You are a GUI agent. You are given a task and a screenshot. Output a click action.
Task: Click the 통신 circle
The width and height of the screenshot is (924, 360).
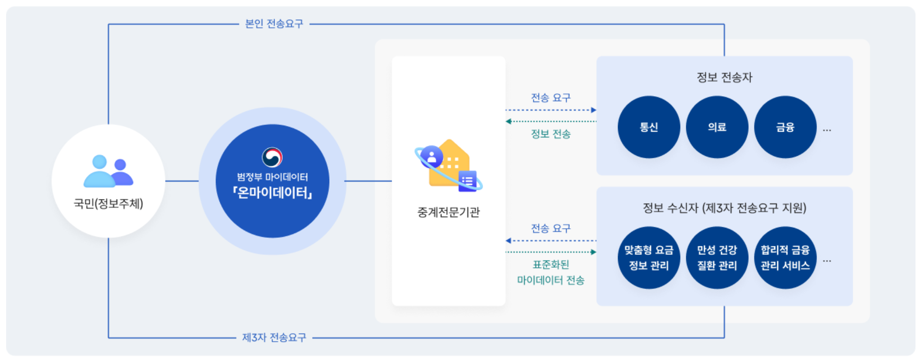click(x=648, y=127)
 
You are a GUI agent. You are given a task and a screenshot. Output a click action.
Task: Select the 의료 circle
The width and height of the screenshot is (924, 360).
click(x=717, y=127)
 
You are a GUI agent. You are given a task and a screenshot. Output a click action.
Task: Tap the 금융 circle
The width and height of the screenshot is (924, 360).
click(x=785, y=127)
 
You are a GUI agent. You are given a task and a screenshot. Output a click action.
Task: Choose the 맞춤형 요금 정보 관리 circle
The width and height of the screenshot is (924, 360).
click(x=648, y=258)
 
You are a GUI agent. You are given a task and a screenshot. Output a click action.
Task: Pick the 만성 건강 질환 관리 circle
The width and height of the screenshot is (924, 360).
click(x=717, y=258)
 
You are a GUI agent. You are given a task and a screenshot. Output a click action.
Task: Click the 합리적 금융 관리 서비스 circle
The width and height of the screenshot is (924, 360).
click(x=785, y=258)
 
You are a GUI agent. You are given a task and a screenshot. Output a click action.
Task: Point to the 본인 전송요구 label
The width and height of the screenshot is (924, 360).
click(x=274, y=24)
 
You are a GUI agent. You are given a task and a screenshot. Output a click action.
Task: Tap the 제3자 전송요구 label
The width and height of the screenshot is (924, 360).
click(x=274, y=338)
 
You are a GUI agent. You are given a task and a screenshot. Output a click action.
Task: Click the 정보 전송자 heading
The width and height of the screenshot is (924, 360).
click(x=724, y=77)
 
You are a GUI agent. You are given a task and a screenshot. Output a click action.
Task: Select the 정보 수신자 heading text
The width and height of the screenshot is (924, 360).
click(x=724, y=208)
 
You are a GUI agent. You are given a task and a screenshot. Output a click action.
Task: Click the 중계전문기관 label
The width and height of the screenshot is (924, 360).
click(x=448, y=212)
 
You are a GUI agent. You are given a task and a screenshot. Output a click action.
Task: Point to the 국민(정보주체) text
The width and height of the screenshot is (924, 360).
click(x=108, y=204)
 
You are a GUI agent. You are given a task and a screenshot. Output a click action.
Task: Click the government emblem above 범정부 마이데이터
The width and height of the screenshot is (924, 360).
click(x=272, y=157)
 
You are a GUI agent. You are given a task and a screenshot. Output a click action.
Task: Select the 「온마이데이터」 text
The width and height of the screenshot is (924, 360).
click(x=272, y=193)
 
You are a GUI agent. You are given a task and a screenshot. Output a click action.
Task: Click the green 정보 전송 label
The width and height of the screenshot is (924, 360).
click(x=550, y=134)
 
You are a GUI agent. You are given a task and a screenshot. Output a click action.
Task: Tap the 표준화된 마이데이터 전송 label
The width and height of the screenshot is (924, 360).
click(x=550, y=272)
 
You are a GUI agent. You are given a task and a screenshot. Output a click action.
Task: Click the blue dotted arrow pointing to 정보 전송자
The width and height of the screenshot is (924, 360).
click(x=550, y=110)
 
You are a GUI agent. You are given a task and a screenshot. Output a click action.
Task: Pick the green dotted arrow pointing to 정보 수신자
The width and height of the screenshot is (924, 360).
click(x=550, y=252)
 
